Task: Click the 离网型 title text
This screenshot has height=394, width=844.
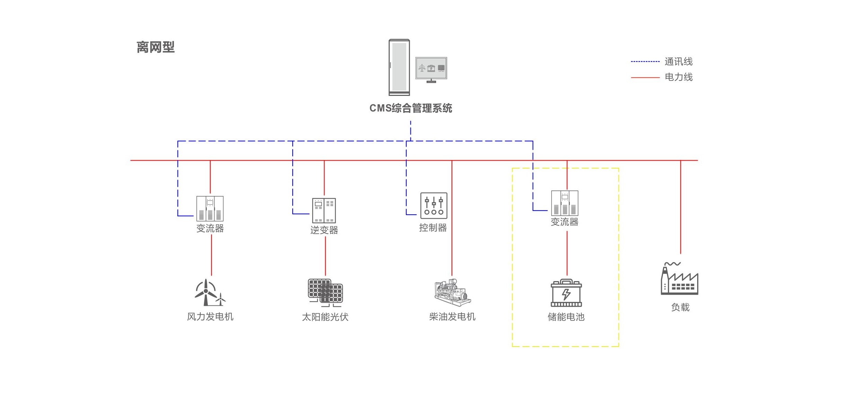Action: [x=156, y=47]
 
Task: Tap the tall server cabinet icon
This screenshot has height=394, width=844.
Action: [x=399, y=68]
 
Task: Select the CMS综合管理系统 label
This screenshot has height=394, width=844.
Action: [x=411, y=108]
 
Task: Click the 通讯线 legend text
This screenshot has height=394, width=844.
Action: [x=678, y=62]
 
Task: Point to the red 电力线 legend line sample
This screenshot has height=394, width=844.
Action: [x=645, y=78]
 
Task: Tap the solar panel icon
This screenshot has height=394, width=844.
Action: [x=325, y=292]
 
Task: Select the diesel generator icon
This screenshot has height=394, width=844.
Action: [x=452, y=293]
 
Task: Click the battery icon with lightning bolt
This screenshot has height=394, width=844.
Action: [x=566, y=293]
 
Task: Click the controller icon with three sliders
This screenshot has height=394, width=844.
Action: [x=434, y=206]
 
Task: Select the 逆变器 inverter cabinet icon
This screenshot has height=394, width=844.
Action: [x=324, y=211]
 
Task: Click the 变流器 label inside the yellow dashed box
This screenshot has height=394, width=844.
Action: [x=565, y=222]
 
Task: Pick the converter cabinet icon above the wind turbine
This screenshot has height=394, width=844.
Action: [x=210, y=208]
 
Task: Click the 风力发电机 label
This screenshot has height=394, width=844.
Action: [x=210, y=317]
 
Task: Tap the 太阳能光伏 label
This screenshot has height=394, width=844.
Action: [x=325, y=317]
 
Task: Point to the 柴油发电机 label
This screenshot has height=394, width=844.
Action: [x=452, y=317]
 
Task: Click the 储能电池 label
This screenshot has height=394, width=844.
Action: [x=566, y=317]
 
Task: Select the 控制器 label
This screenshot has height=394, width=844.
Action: [x=433, y=228]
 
